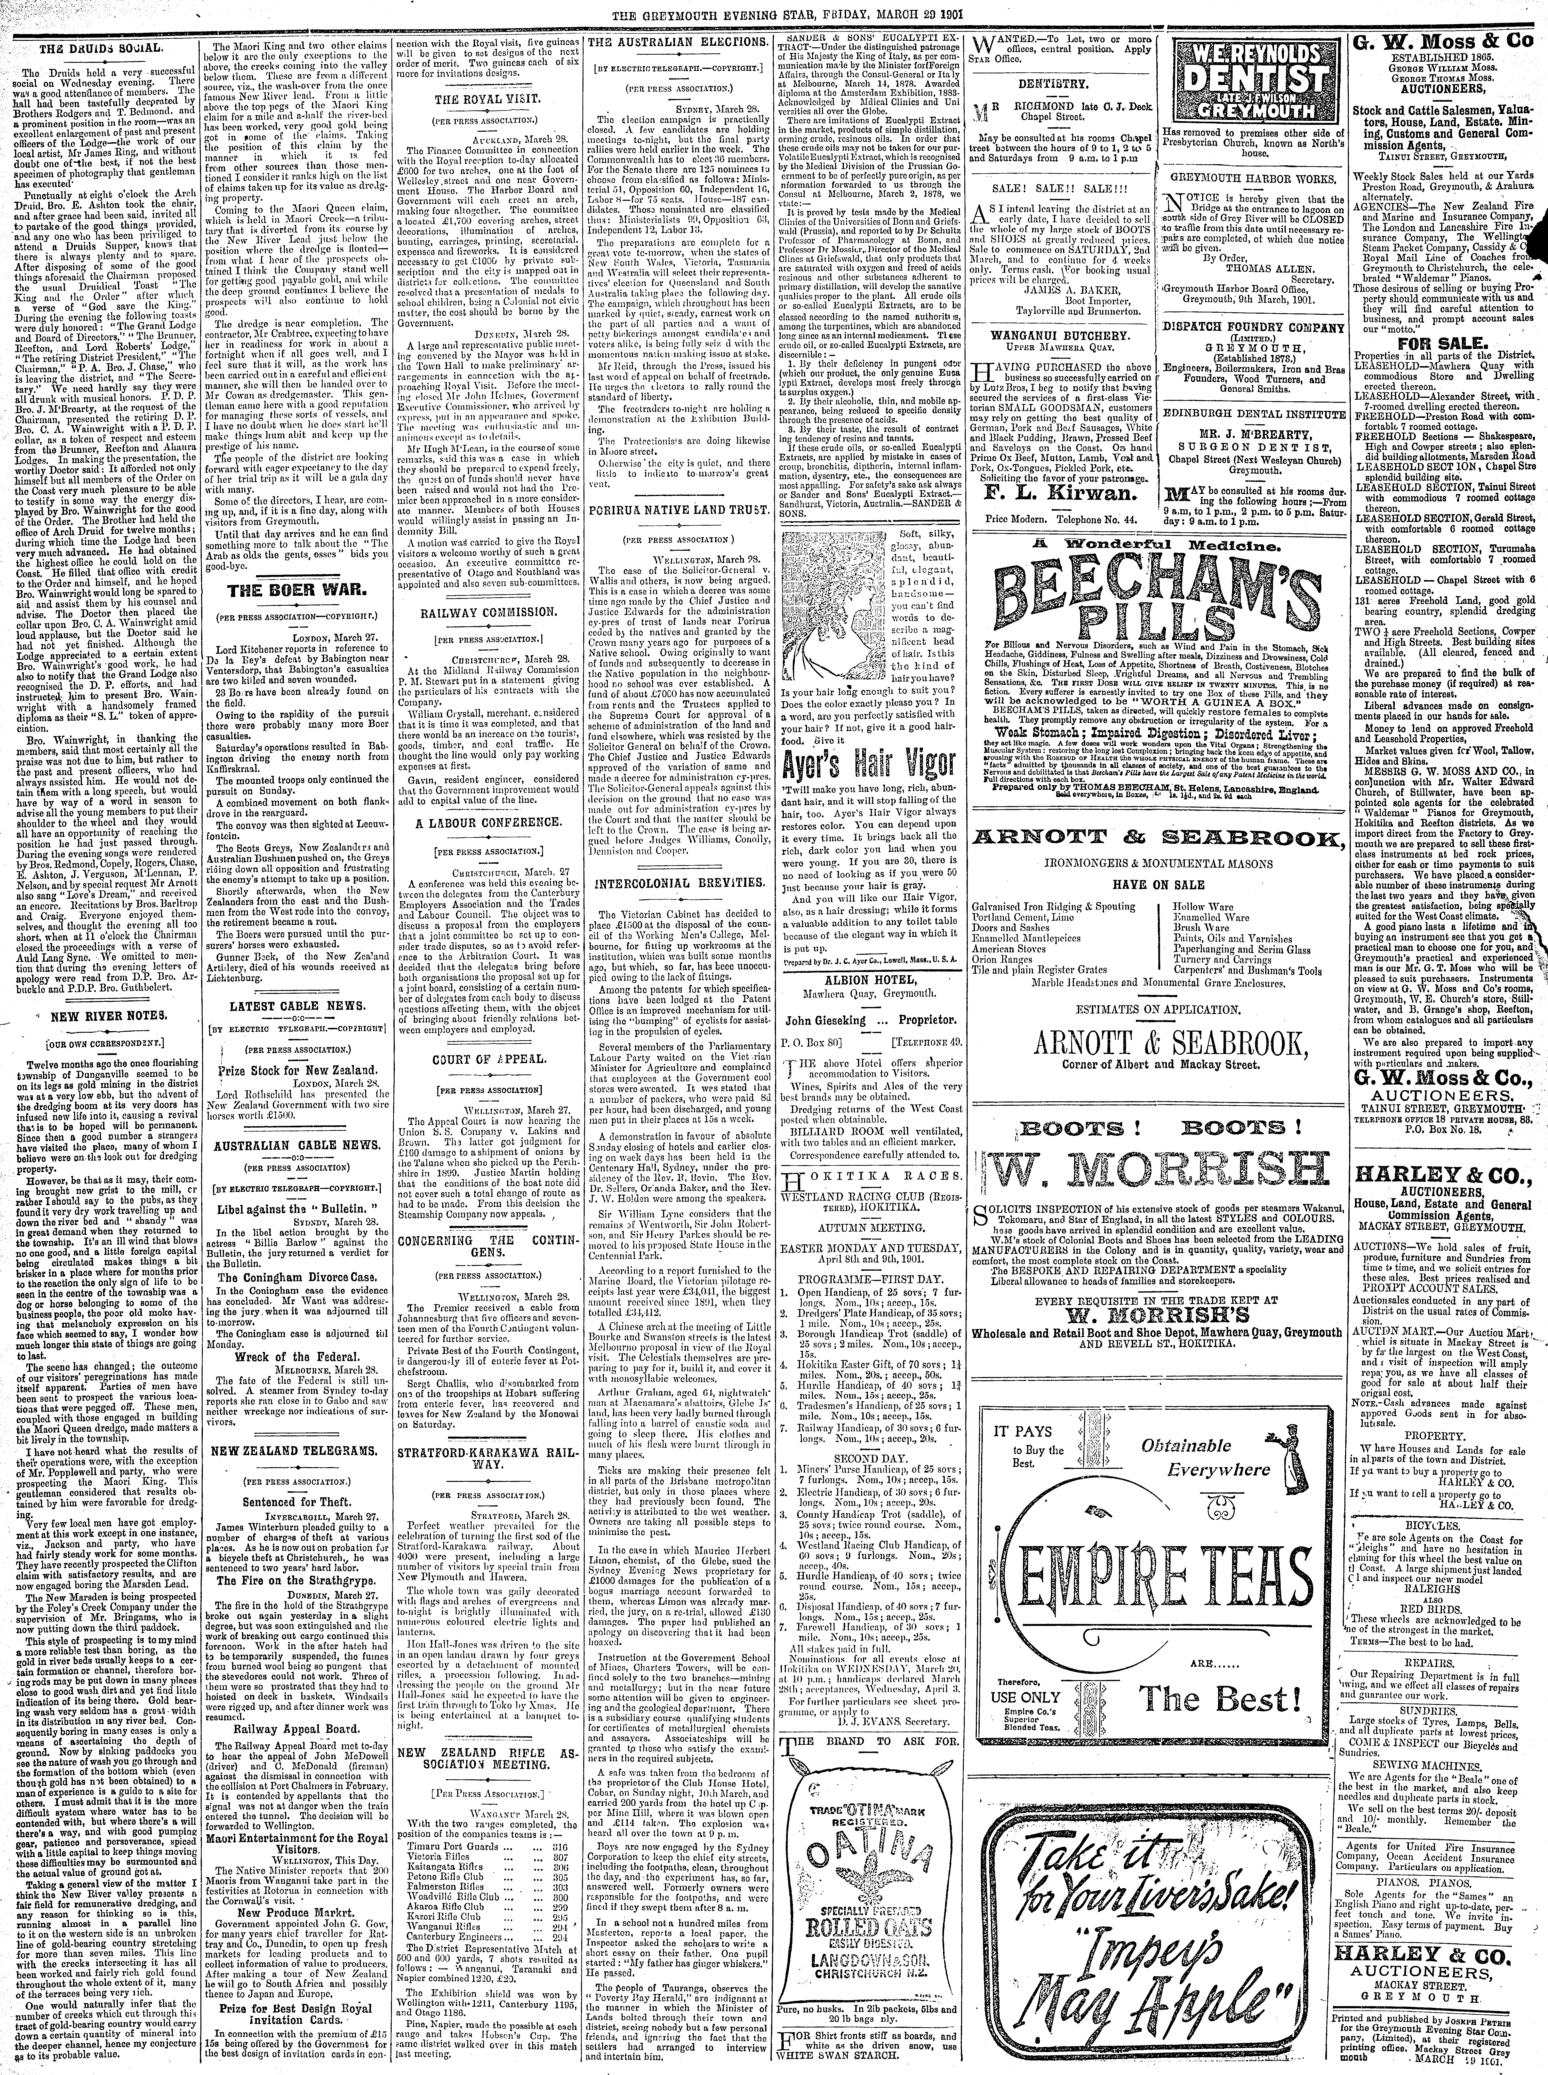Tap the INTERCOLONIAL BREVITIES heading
pos(677,883)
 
